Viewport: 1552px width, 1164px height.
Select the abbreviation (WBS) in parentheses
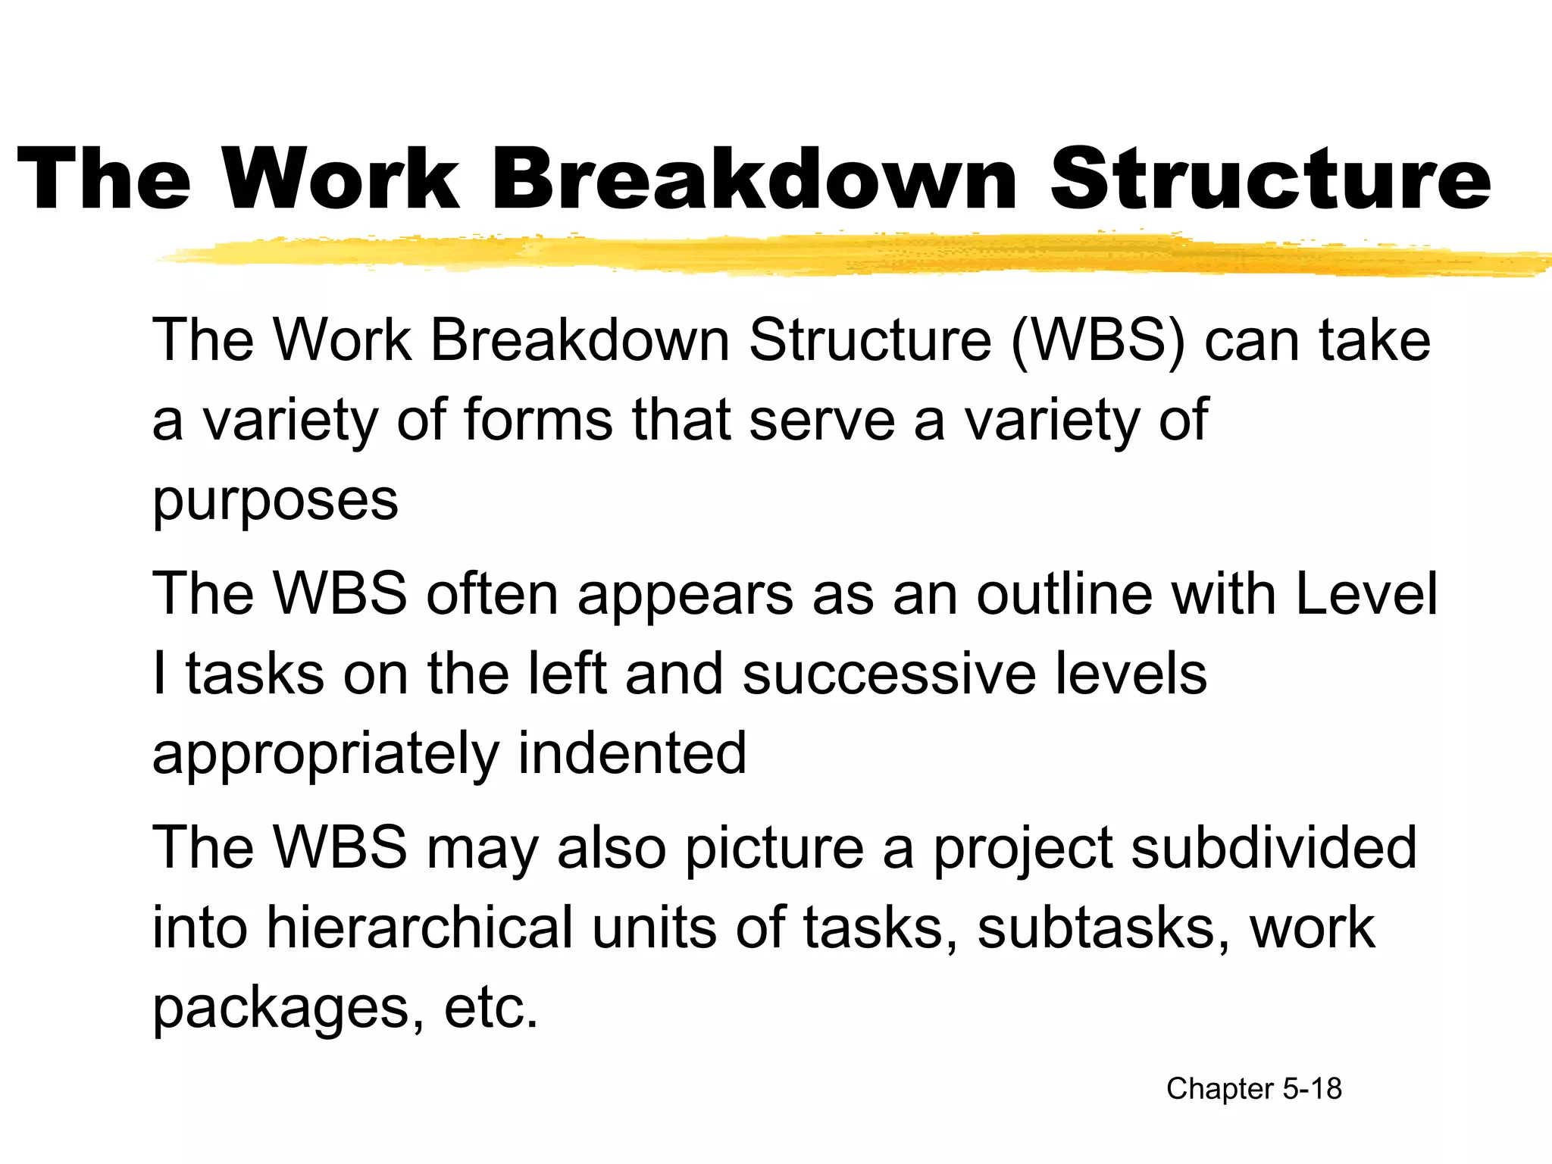(x=1098, y=340)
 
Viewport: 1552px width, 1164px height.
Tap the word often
(x=493, y=593)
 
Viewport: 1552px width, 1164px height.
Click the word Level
(x=1366, y=593)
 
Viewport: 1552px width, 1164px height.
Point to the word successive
(x=889, y=674)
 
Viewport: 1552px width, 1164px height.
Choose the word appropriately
(x=325, y=754)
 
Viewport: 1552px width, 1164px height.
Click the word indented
(x=632, y=754)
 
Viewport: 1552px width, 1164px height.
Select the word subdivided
(x=1274, y=848)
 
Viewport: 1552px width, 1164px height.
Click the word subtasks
(x=1103, y=928)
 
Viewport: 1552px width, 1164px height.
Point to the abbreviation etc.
(x=491, y=1009)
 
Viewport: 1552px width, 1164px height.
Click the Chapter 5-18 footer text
(x=1254, y=1089)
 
